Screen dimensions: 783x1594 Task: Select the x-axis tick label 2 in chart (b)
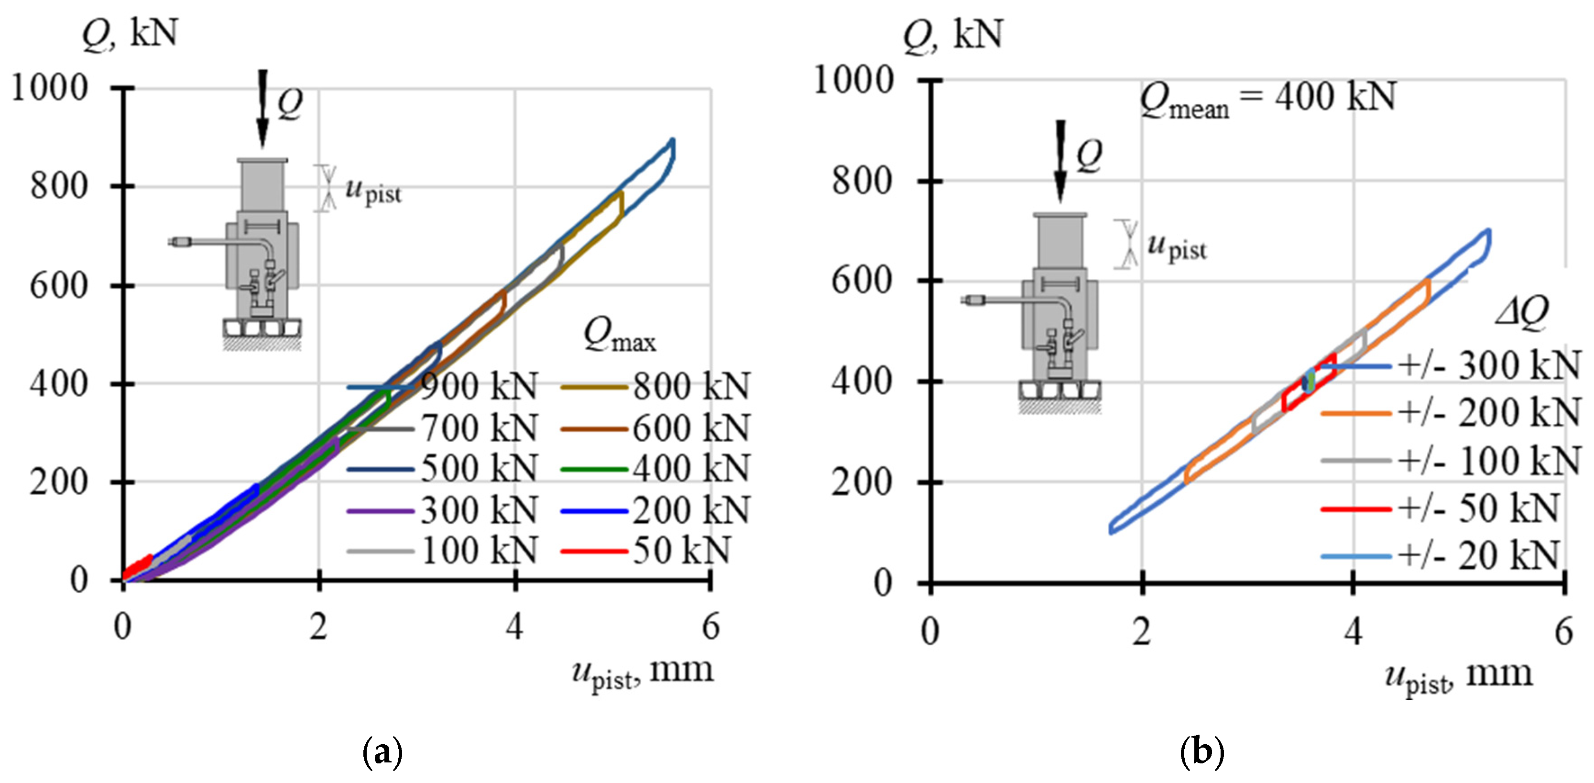coord(1142,631)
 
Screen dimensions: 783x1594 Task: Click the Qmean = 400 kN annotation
coord(1268,99)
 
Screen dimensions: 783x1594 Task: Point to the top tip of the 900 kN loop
coord(673,140)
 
